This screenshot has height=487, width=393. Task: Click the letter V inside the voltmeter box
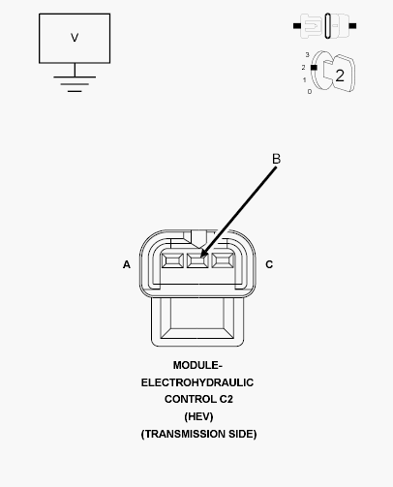coord(75,38)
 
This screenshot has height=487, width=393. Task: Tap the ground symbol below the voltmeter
coord(75,84)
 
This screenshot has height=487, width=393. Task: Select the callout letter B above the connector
coord(276,159)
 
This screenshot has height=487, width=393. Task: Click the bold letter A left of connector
coord(127,264)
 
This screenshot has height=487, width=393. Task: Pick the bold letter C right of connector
coord(269,264)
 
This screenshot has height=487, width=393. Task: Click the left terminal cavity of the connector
coord(172,260)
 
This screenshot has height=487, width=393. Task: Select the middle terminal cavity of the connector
coord(197,260)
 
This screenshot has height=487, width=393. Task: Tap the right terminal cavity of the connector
coord(223,260)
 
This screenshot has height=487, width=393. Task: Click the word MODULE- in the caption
coord(197,365)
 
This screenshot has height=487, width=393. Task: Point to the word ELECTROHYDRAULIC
coord(197,382)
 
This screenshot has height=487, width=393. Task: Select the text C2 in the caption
coord(226,399)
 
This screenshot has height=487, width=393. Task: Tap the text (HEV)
coord(198,416)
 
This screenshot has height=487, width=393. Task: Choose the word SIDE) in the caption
coord(243,434)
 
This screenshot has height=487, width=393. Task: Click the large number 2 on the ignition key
coord(340,76)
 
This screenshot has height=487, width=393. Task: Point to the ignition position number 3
coord(307,55)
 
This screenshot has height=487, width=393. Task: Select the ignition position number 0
coord(310,92)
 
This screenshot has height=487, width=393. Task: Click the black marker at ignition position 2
coord(314,68)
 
